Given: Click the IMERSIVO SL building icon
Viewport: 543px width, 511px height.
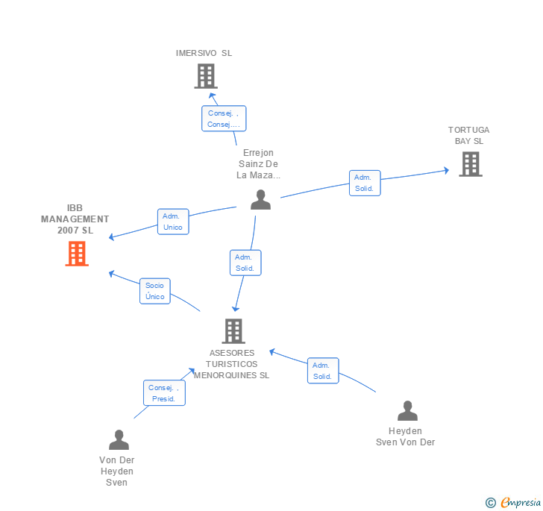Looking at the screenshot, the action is tap(205, 76).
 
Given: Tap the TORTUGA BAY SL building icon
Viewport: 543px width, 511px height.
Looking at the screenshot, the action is tap(471, 164).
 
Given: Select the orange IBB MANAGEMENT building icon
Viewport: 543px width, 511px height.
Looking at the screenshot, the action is tap(77, 254).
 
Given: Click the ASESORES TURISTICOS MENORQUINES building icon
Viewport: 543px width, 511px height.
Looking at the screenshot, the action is tap(233, 331).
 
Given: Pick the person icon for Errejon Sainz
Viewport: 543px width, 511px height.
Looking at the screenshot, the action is tap(260, 200).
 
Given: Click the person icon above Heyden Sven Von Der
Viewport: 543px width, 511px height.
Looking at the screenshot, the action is tap(407, 411).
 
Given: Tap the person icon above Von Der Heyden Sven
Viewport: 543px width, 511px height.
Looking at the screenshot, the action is tap(119, 440).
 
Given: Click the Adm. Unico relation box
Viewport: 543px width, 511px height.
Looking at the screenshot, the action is tap(173, 222).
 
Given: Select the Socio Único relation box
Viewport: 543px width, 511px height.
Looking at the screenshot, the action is tap(155, 291).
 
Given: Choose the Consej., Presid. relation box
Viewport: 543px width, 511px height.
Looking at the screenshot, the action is tap(164, 393).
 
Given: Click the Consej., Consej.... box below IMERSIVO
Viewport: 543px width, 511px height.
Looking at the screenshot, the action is tap(224, 119).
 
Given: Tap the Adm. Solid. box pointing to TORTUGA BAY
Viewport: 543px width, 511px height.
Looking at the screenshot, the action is tap(365, 184).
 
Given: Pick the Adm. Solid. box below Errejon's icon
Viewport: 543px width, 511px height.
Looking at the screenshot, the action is tap(245, 263).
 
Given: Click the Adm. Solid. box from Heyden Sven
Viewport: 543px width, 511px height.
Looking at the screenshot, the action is tap(323, 371).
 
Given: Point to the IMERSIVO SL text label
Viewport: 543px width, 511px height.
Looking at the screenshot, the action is tap(204, 53).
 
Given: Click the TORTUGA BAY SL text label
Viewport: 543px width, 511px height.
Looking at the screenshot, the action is tap(469, 135).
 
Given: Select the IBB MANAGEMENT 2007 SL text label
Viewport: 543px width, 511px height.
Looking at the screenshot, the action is tap(75, 219).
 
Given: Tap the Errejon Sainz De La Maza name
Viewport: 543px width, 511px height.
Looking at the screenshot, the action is tap(259, 164).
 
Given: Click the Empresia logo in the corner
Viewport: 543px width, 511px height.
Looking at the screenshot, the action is tap(514, 503).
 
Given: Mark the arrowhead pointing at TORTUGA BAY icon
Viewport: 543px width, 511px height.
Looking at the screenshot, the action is tap(446, 171).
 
